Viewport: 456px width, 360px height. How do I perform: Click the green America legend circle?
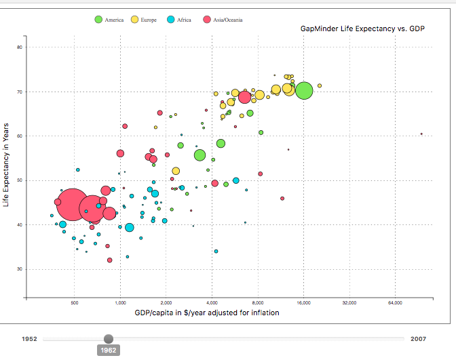click(x=98, y=20)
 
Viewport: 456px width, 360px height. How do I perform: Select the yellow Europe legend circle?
click(x=134, y=20)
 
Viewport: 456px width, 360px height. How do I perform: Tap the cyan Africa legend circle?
click(x=171, y=20)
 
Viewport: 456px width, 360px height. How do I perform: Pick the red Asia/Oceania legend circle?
click(x=207, y=20)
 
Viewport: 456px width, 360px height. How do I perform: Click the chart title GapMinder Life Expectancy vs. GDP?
click(x=362, y=28)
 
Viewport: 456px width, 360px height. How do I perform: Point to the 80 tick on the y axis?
click(x=20, y=47)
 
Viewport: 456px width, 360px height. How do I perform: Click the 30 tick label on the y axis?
click(x=20, y=269)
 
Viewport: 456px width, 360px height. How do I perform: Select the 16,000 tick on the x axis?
click(x=303, y=303)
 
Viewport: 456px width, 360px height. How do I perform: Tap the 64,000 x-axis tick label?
click(x=395, y=303)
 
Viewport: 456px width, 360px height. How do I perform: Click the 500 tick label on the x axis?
click(x=75, y=303)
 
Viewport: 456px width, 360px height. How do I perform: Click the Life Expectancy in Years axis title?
click(x=6, y=165)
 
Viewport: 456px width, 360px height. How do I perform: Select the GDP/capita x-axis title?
click(x=207, y=313)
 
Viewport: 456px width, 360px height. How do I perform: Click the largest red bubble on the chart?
click(x=72, y=205)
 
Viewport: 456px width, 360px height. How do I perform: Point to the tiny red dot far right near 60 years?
click(x=421, y=134)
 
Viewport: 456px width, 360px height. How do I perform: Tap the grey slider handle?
click(x=109, y=339)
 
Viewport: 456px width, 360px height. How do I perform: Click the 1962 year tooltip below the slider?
click(x=109, y=350)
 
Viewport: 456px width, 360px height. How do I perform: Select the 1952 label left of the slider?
click(x=29, y=339)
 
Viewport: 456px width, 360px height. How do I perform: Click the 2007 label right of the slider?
click(x=418, y=339)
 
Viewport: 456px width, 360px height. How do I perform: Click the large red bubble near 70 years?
click(x=244, y=97)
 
